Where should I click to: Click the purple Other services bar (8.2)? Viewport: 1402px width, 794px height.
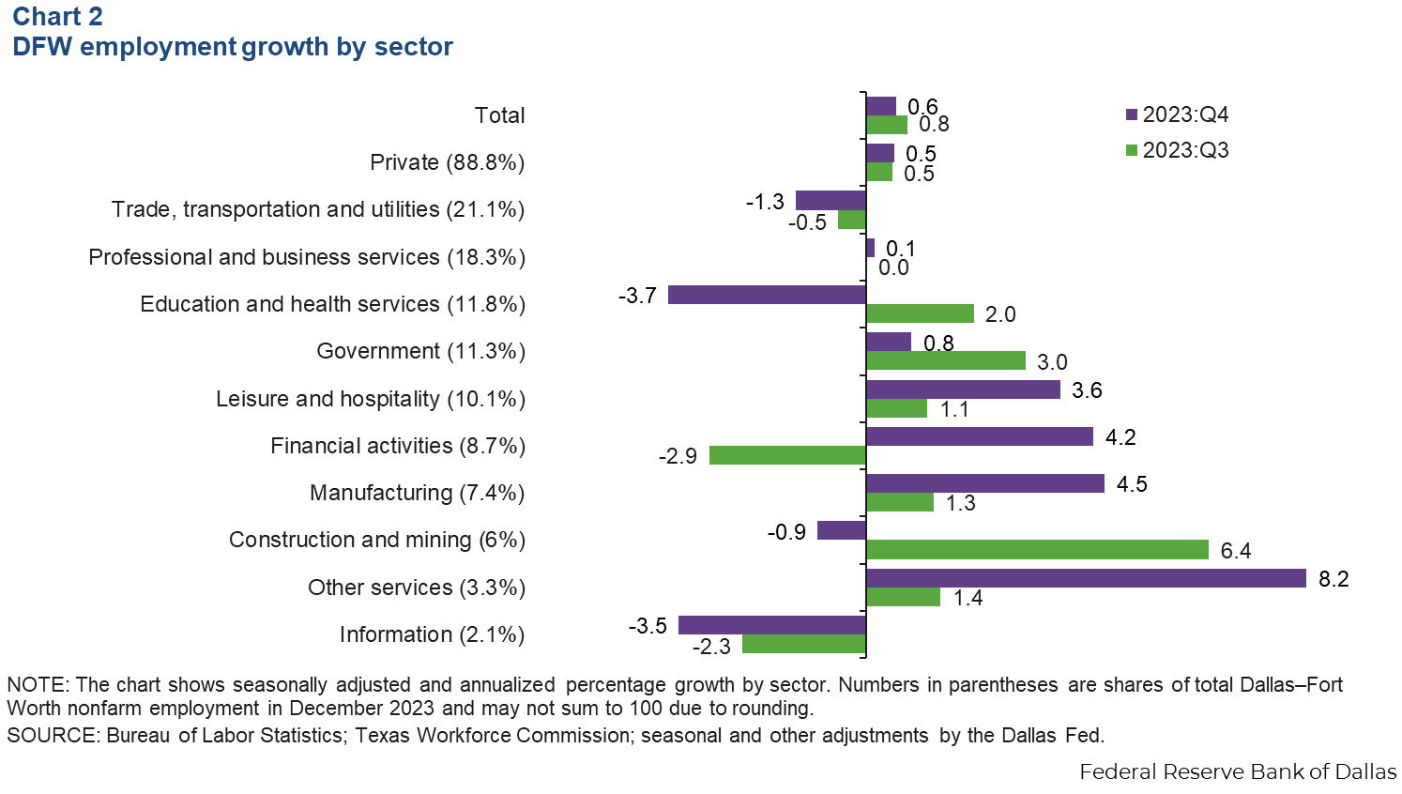click(x=1085, y=578)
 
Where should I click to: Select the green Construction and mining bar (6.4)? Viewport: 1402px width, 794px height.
click(x=1036, y=550)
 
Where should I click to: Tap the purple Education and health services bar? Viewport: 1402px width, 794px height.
click(x=767, y=295)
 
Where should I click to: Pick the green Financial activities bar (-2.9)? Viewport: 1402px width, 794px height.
click(x=787, y=455)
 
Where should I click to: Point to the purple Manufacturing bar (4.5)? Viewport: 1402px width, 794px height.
click(x=984, y=483)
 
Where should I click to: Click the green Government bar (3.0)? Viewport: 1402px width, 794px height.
click(x=945, y=360)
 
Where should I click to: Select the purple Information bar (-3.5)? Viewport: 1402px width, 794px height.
click(x=771, y=625)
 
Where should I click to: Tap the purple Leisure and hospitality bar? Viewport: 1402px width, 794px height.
click(x=963, y=389)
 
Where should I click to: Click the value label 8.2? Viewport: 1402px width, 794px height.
click(x=1333, y=579)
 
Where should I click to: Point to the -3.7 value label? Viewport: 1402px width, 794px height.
click(x=637, y=296)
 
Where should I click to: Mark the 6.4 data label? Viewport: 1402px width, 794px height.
click(x=1236, y=551)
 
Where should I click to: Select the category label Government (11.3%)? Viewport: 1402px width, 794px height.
click(x=420, y=351)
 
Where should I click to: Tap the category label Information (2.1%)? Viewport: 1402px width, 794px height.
click(x=432, y=634)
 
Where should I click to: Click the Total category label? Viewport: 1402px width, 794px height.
click(x=499, y=115)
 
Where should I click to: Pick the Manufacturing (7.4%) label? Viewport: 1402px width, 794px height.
click(x=417, y=493)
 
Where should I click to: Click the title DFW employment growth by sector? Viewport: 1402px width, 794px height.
click(x=232, y=47)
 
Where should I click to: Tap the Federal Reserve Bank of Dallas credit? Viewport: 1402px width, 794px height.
click(x=1238, y=771)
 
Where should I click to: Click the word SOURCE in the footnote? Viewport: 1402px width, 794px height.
click(x=51, y=735)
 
